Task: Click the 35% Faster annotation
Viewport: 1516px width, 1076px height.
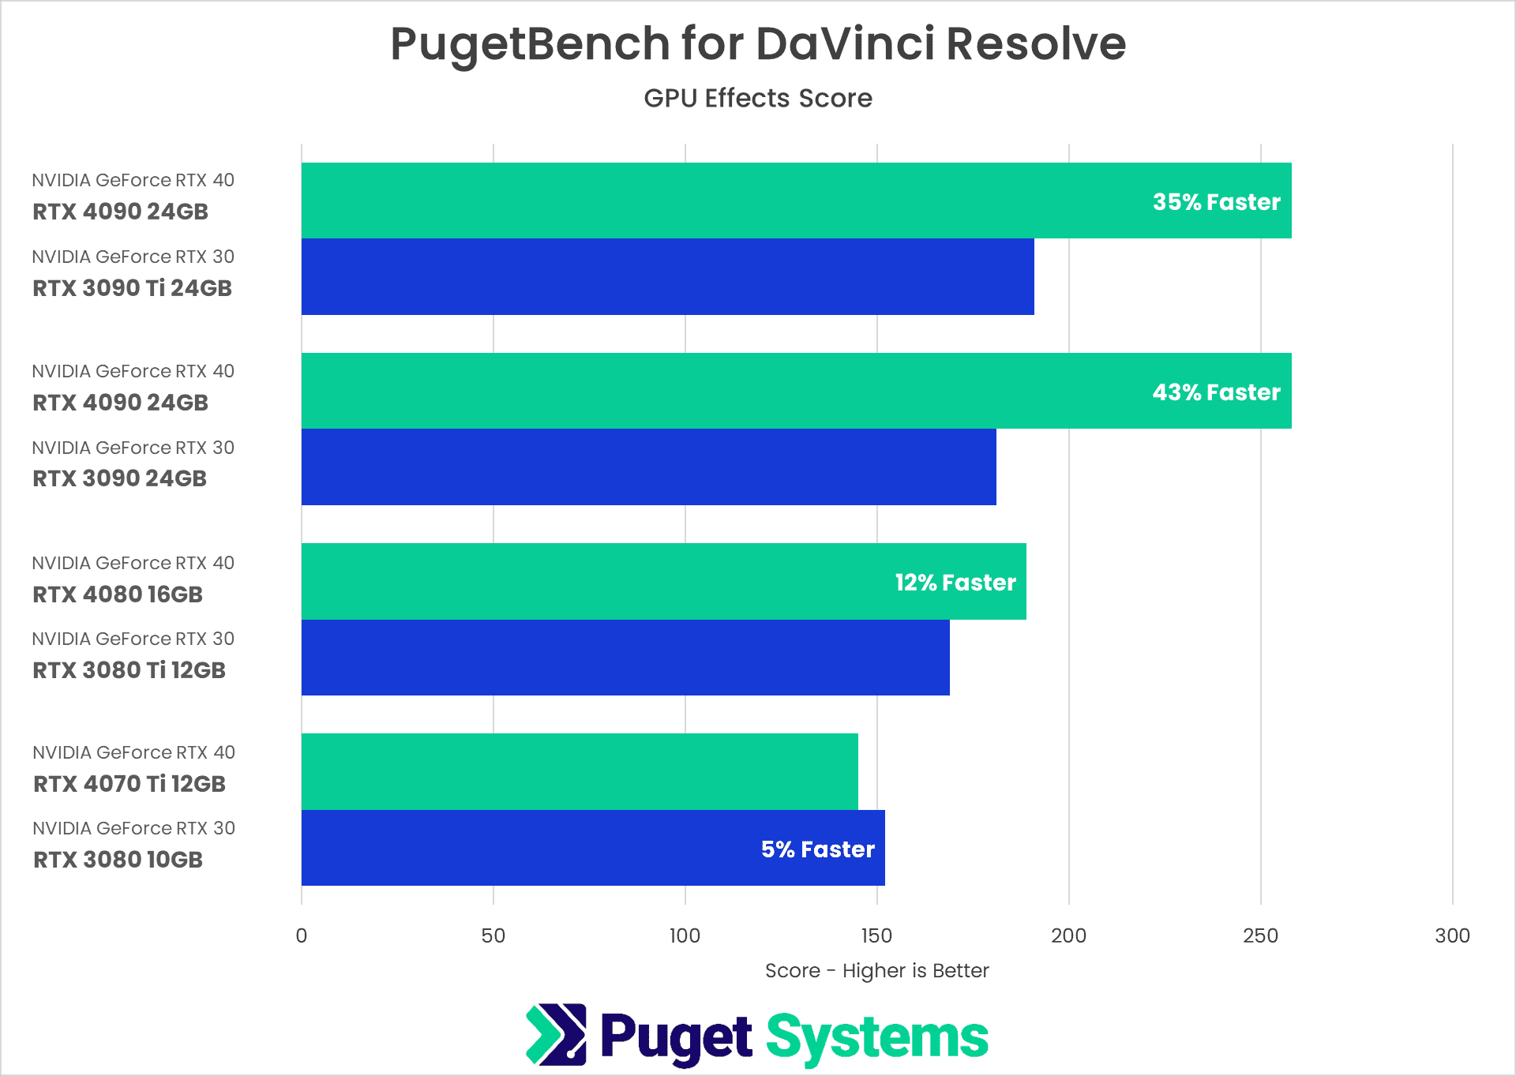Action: (1216, 202)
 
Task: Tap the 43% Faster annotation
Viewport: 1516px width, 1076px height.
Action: (1216, 392)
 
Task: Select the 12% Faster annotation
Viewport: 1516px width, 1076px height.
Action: (955, 583)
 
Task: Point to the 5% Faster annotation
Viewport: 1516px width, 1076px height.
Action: (817, 849)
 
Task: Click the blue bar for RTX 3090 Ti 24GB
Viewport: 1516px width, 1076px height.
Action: (667, 277)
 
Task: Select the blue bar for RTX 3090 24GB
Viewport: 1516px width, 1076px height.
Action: (647, 467)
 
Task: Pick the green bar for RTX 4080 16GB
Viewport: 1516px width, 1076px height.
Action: (592, 582)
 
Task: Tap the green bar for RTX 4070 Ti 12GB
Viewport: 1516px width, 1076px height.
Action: (579, 772)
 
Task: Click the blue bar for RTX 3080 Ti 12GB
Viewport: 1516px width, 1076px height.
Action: (625, 658)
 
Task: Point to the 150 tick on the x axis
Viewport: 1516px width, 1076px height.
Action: (876, 935)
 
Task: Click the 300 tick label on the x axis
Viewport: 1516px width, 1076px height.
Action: (1451, 935)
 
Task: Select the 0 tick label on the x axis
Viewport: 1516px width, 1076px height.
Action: (301, 935)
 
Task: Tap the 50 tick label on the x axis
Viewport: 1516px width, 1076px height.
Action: (493, 935)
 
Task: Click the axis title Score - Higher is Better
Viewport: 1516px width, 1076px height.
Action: (876, 970)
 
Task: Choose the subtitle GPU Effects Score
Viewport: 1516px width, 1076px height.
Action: (757, 98)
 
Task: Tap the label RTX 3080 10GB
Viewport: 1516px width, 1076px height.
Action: (118, 860)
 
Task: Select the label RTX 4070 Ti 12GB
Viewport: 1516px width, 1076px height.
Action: (129, 784)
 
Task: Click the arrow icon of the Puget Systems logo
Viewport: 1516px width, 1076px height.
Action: (556, 1034)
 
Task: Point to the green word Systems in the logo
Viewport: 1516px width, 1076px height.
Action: (876, 1037)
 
